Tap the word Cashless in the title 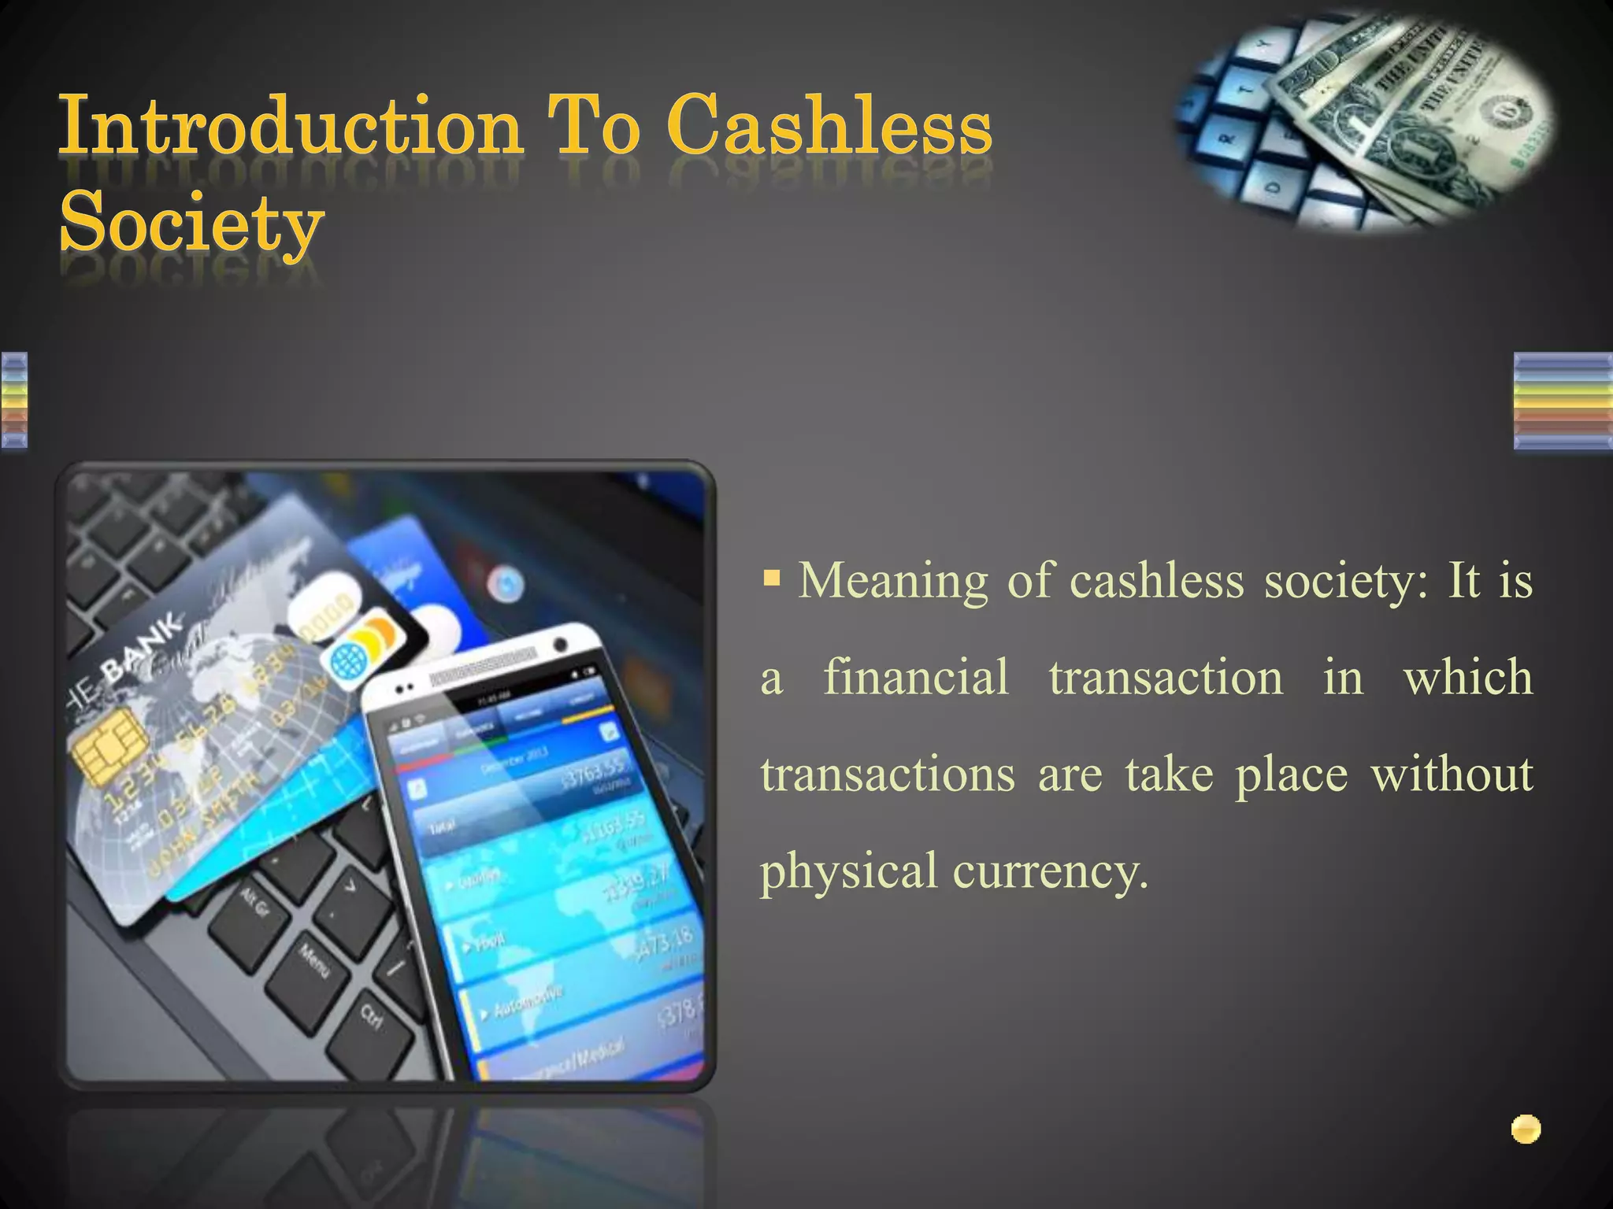829,126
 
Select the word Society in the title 191,222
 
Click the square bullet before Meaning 772,580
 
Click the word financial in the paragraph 915,678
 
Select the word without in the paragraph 1452,775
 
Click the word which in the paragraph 1467,678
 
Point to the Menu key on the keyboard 313,960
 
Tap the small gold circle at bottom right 1526,1130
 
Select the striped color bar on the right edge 1563,401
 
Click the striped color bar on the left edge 14,401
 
